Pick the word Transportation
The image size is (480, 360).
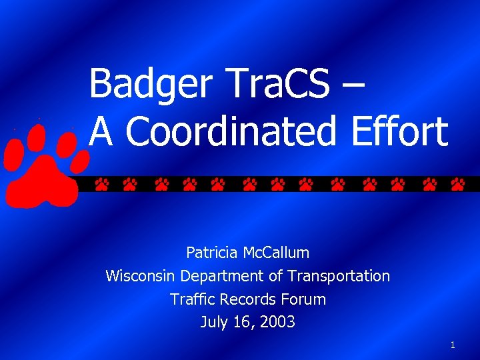click(x=339, y=276)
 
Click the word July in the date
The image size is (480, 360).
click(x=213, y=323)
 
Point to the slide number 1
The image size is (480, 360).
click(x=453, y=345)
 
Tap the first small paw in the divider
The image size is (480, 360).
click(x=101, y=184)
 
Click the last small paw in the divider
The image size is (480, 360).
click(x=457, y=184)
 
